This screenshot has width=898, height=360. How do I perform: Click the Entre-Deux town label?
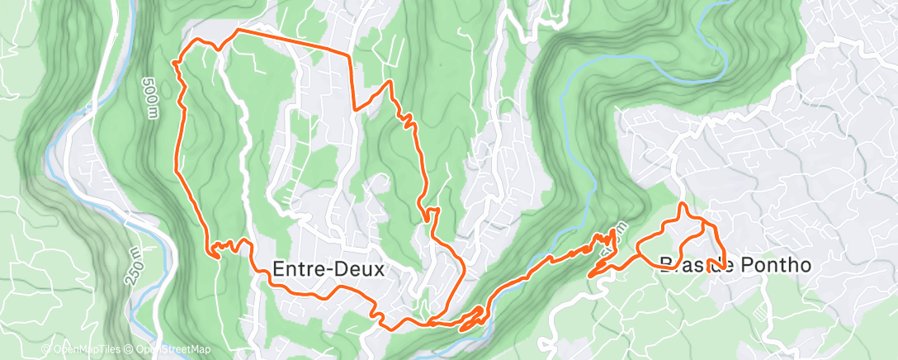[x=330, y=269]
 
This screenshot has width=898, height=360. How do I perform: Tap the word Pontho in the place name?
[x=773, y=264]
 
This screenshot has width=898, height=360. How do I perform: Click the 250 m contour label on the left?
[x=135, y=265]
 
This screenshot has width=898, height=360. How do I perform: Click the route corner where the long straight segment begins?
[x=238, y=30]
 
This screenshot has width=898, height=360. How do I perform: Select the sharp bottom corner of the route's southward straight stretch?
[x=355, y=108]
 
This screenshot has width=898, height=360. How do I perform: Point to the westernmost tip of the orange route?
[x=174, y=61]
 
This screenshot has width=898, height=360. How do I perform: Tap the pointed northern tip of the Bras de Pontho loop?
[x=683, y=203]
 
